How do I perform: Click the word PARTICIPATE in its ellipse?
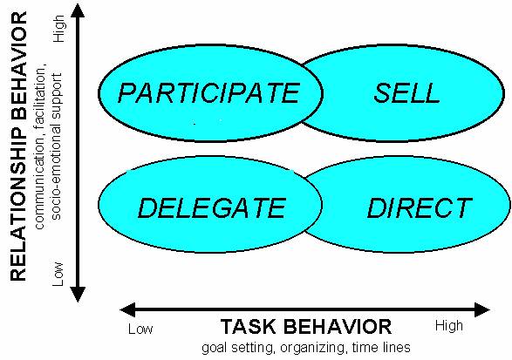(x=208, y=93)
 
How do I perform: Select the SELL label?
(x=406, y=93)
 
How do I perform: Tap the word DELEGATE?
(x=212, y=208)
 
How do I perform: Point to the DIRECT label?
(x=420, y=207)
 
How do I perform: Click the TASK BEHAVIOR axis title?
(x=306, y=326)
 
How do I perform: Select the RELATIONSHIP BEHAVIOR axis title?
(x=18, y=146)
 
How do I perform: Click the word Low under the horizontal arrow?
(x=140, y=329)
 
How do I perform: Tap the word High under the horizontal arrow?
(x=449, y=326)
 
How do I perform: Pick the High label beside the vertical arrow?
(x=58, y=29)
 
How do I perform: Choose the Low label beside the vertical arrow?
(x=58, y=274)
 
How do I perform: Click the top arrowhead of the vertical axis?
(x=78, y=10)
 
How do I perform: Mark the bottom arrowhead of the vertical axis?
(x=78, y=295)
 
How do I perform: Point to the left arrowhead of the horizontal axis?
(x=127, y=309)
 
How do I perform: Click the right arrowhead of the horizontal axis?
(x=482, y=309)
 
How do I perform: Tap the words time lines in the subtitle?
(x=381, y=347)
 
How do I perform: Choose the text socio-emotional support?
(x=56, y=146)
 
